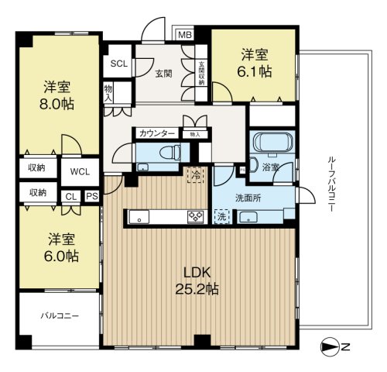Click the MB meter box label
click(x=185, y=35)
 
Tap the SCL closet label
click(x=119, y=64)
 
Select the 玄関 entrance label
click(x=163, y=74)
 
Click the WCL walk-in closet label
click(x=80, y=172)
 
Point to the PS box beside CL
click(x=92, y=196)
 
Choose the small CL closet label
click(x=71, y=197)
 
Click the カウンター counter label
click(x=157, y=134)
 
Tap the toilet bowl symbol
click(x=170, y=153)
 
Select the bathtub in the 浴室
click(x=274, y=142)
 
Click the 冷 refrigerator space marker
click(x=196, y=175)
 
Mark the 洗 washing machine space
click(x=221, y=216)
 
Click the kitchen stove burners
click(x=195, y=216)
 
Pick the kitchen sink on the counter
click(x=139, y=217)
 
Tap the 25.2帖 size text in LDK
click(x=197, y=289)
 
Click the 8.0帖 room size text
click(x=57, y=104)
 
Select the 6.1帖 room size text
click(x=255, y=71)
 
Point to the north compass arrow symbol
click(x=330, y=346)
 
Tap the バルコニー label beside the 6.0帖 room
click(x=60, y=316)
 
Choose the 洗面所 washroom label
click(x=248, y=198)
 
